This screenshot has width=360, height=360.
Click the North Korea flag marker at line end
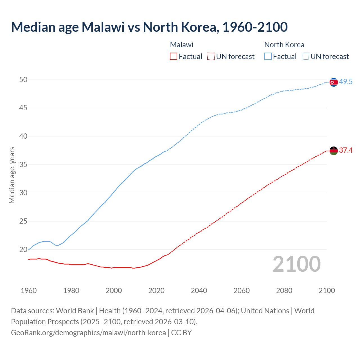click(x=333, y=82)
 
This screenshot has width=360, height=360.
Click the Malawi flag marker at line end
click(x=333, y=151)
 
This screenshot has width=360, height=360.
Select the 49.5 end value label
click(x=346, y=82)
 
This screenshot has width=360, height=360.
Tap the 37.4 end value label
click(x=346, y=150)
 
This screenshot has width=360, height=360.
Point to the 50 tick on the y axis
click(x=23, y=80)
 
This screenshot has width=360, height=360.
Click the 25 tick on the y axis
click(x=23, y=221)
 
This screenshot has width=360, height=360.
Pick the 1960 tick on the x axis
click(x=29, y=291)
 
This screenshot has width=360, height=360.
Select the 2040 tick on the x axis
click(x=199, y=291)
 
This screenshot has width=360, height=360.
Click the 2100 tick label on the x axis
click(x=327, y=291)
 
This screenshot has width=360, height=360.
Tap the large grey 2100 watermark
click(x=296, y=264)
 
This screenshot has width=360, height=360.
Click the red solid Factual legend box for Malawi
click(x=174, y=57)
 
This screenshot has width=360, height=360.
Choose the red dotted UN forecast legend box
click(x=211, y=57)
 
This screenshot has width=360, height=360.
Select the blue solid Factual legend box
click(x=268, y=57)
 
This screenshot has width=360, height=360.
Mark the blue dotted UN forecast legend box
click(x=305, y=57)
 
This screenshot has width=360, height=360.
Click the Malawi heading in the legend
click(x=181, y=45)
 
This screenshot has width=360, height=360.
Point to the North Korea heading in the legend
click(x=284, y=45)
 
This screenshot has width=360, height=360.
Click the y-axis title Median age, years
click(x=12, y=175)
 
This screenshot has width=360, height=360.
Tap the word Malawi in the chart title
click(x=103, y=27)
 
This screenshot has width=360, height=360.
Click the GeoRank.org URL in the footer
click(x=88, y=333)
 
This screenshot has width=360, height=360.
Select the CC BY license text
click(x=181, y=333)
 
